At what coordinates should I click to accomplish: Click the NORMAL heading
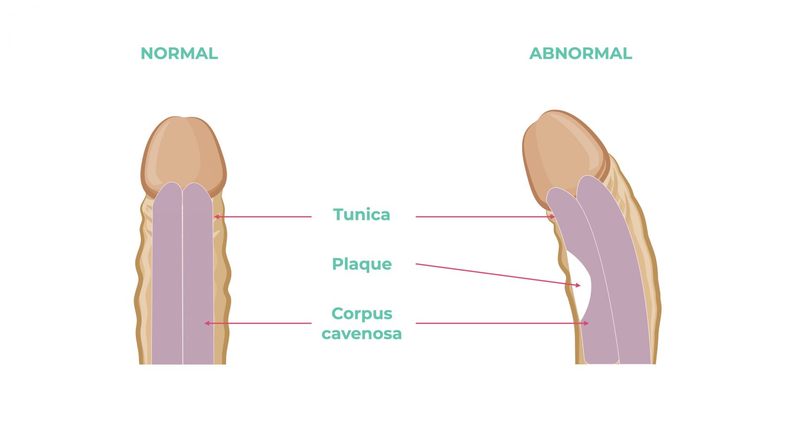point(179,53)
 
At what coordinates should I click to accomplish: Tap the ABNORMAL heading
point(580,53)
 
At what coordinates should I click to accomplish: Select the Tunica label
point(361,215)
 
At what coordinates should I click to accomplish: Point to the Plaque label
point(361,265)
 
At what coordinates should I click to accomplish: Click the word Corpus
point(361,314)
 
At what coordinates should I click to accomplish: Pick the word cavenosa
point(361,334)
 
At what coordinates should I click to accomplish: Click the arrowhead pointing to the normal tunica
point(217,217)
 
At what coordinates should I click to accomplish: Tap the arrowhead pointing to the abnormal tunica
point(552,217)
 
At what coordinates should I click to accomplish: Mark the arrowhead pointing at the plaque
point(578,285)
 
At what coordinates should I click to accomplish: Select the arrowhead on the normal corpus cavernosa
point(207,323)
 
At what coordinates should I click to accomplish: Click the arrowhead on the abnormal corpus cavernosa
point(586,323)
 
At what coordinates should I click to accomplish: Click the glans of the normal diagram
point(183,155)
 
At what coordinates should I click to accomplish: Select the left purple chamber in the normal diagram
point(168,275)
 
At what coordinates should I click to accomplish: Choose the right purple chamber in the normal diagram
point(198,275)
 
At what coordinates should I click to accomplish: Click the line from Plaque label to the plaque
point(498,274)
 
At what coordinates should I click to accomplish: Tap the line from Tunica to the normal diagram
point(263,217)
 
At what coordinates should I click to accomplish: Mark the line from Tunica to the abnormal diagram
point(485,217)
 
